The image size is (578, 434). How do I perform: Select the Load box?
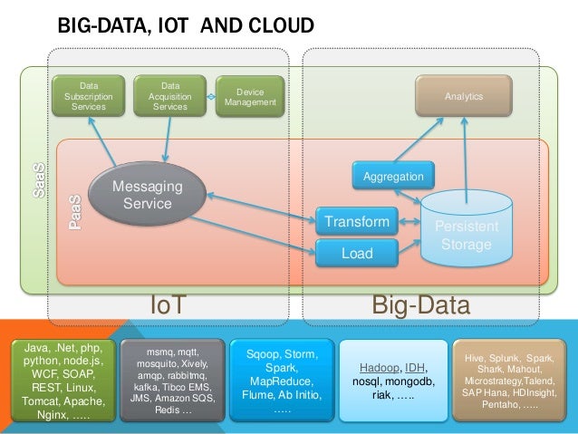pyautogui.click(x=357, y=254)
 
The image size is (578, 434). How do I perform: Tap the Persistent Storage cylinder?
pyautogui.click(x=465, y=232)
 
